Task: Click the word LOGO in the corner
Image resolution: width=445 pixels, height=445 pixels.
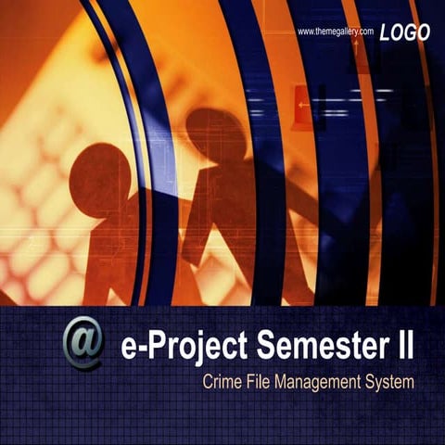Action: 405,32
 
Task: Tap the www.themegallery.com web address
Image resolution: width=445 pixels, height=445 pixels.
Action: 335,32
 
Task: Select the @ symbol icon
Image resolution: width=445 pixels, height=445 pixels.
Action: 83,347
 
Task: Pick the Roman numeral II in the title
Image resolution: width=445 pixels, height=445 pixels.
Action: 400,349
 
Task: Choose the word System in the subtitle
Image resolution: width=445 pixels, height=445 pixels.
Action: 390,382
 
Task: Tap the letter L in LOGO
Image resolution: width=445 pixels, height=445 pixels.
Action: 385,32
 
